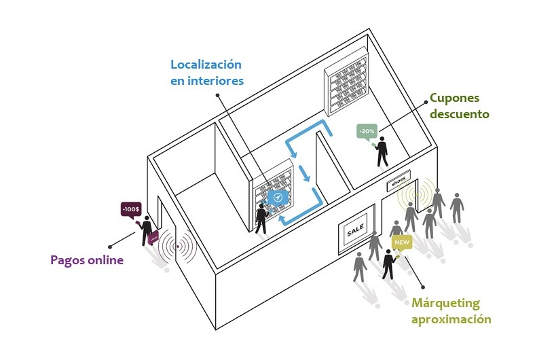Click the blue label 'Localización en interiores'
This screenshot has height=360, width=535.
click(206, 73)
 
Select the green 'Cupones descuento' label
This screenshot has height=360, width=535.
click(459, 106)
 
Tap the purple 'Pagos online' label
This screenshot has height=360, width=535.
click(87, 259)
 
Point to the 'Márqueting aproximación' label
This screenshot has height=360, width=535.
click(449, 310)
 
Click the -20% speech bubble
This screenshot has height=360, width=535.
click(367, 130)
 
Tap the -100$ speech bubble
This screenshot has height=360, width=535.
click(130, 209)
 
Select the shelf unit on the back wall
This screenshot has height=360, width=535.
click(347, 84)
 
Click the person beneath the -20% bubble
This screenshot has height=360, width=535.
click(383, 152)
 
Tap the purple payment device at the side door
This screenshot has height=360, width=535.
click(154, 237)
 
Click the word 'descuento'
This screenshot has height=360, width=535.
click(459, 114)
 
